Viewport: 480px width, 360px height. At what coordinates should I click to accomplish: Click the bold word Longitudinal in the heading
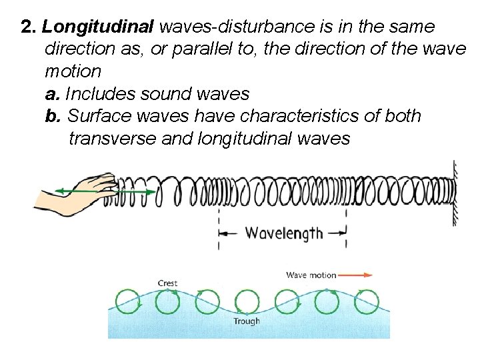click(97, 27)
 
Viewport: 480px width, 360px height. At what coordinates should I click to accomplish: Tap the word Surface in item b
click(99, 116)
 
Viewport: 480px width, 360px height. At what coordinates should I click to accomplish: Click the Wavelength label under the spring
click(284, 233)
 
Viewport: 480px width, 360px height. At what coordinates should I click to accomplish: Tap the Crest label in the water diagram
click(167, 283)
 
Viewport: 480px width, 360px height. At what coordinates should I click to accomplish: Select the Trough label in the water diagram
click(246, 321)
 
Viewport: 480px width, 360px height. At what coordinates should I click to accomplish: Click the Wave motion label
click(311, 275)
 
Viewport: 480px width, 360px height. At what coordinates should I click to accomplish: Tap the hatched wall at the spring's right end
click(456, 193)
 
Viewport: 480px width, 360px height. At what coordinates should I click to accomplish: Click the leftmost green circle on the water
click(127, 301)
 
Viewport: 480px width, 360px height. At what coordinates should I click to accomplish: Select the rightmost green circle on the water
click(366, 301)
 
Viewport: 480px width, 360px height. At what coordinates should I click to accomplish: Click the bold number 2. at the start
click(29, 27)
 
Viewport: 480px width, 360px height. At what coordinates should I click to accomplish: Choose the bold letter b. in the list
click(53, 116)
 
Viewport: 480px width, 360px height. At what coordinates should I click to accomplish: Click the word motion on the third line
click(73, 71)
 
